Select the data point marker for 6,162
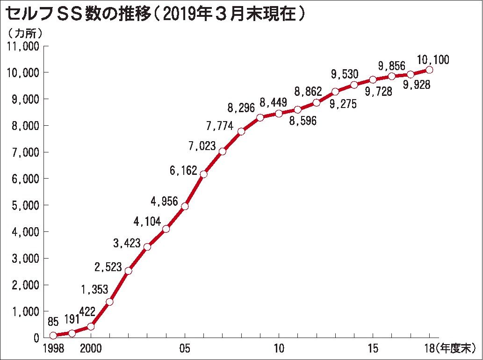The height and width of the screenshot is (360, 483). coord(203,174)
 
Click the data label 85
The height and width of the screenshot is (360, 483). coord(53,322)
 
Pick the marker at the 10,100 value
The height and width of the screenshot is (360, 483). coord(429,70)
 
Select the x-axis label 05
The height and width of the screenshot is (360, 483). coord(185,348)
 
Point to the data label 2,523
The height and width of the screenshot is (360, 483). coord(108,267)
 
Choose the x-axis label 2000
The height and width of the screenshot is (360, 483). coord(90,348)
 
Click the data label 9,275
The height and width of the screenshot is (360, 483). coord(343,104)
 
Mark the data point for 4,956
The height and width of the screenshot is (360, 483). coord(185,206)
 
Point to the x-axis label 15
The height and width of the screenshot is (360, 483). coord(373,348)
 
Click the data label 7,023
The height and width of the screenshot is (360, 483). coord(202,146)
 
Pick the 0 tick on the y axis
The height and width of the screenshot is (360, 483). coord(36,338)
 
